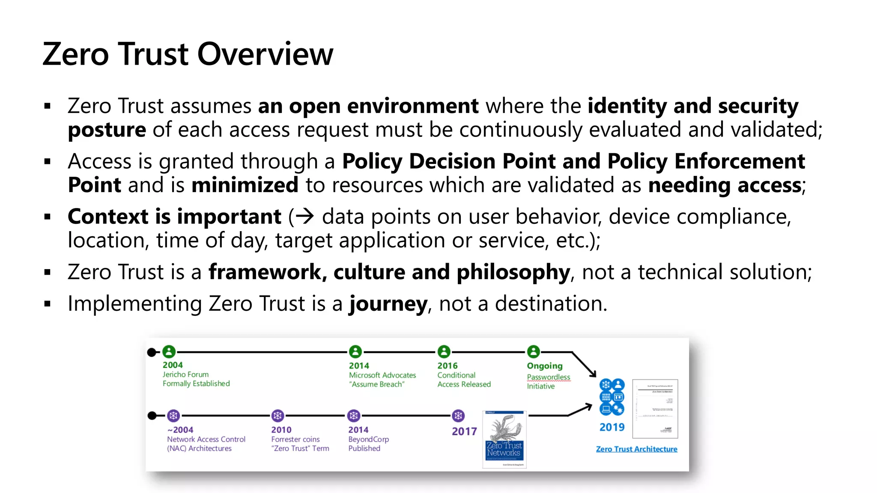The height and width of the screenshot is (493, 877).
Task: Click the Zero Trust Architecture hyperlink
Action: coord(636,449)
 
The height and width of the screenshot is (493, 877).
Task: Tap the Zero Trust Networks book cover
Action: coord(504,440)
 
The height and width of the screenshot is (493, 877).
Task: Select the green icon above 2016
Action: coord(444,352)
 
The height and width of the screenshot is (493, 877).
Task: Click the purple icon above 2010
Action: coord(278,416)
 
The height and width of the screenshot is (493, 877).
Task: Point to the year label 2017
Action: coord(464,431)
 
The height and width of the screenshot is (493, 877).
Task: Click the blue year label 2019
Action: coord(612,427)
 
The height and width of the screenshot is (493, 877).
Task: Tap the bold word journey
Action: coord(388,304)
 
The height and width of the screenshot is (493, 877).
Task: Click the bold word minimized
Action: coord(245,185)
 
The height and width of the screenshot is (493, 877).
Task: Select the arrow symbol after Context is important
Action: coord(305,217)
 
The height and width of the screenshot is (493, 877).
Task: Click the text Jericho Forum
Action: coord(185,374)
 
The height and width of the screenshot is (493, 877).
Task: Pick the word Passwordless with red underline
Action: coord(548,377)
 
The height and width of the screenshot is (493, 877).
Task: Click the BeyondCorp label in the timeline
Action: coord(368,439)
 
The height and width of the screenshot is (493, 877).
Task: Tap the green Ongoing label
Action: coord(544,366)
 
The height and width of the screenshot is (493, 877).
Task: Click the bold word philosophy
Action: coord(513,272)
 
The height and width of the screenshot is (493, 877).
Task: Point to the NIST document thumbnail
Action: coord(655,409)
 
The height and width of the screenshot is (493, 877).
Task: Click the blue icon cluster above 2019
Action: coord(612,397)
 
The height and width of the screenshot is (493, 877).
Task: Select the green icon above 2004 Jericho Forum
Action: coord(169,352)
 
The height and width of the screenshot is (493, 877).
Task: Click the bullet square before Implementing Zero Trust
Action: coord(48,304)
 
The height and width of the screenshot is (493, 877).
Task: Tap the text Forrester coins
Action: coord(295,439)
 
